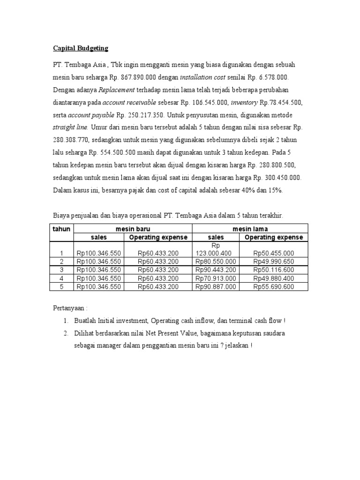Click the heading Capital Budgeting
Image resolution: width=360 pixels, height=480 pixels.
[x=80, y=48]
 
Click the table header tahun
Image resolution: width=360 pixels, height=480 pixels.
[x=61, y=229]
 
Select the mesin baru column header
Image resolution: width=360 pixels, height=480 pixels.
[x=134, y=229]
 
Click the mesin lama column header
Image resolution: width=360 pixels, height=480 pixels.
[x=250, y=229]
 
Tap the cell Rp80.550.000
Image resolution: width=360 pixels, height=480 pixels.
[x=216, y=262]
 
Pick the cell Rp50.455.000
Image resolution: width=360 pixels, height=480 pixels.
[x=274, y=253]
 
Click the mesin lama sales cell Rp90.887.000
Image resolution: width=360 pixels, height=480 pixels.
[x=216, y=287]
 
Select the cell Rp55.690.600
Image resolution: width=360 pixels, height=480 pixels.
[x=274, y=287]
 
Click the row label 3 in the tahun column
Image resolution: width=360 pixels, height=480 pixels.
[x=61, y=270]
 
